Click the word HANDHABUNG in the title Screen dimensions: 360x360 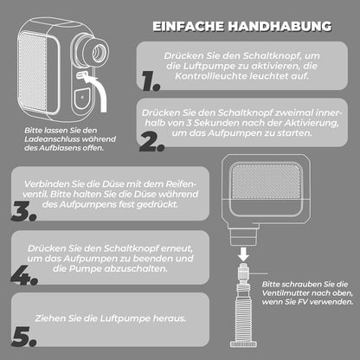click(280, 26)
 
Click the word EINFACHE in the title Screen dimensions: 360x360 click(189, 26)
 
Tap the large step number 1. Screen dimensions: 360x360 click(151, 81)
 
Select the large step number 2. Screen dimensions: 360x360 click(151, 142)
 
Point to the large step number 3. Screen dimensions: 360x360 click(24, 211)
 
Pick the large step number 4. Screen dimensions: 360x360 click(24, 275)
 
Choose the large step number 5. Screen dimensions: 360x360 click(24, 337)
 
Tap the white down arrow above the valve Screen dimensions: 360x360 click(244, 254)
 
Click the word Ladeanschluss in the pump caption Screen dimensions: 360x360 click(49, 139)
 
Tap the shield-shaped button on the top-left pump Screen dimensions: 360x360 click(81, 99)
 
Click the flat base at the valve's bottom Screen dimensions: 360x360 click(244, 344)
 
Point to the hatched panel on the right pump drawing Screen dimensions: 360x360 click(266, 181)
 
